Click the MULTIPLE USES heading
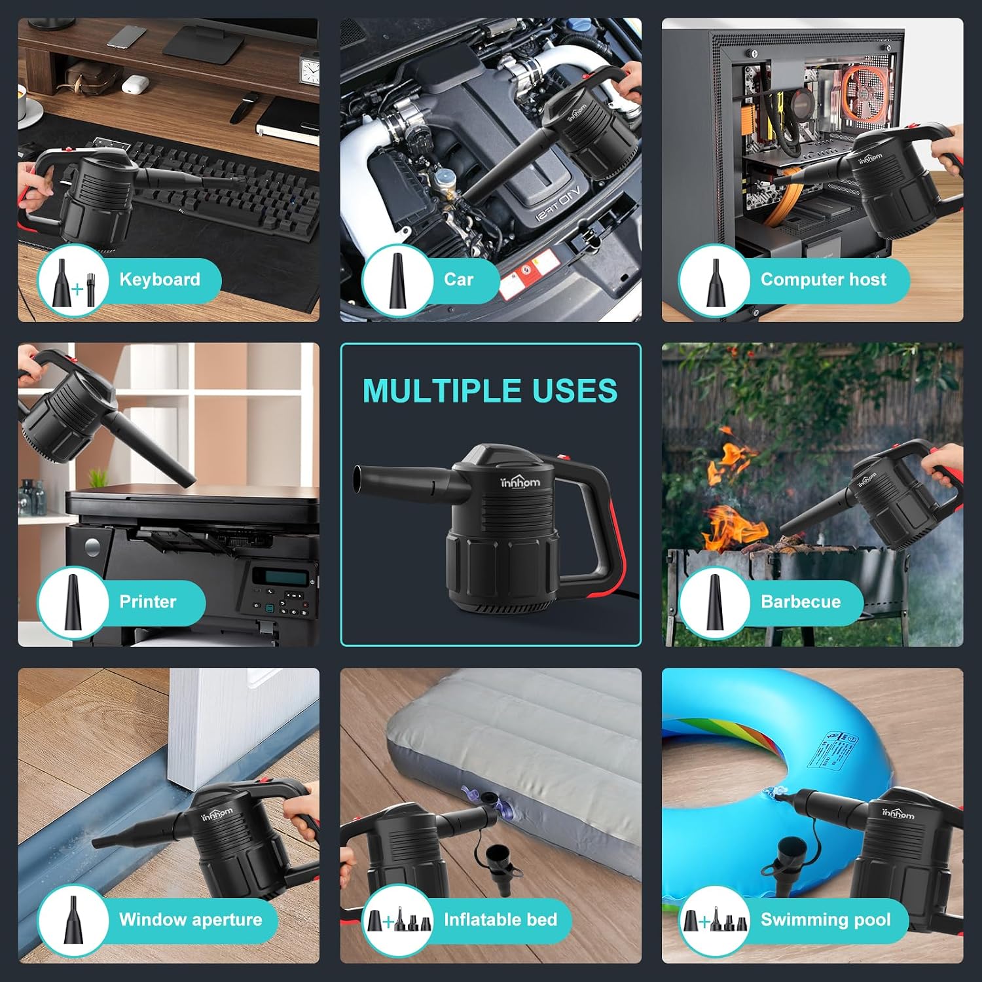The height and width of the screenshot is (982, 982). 490,391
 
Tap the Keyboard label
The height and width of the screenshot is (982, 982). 160,280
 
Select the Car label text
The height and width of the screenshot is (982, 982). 458,280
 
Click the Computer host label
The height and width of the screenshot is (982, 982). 824,280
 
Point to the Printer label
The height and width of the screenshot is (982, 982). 148,602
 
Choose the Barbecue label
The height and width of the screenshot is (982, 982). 801,602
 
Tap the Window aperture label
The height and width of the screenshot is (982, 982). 191,920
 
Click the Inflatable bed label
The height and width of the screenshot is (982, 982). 501,920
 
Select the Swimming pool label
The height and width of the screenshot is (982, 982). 826,920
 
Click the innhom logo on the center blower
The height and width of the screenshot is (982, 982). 520,482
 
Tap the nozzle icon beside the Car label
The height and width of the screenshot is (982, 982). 397,280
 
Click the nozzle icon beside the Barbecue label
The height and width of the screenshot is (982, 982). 714,602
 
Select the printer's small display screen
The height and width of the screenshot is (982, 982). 280,577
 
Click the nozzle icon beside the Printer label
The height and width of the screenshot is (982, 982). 73,602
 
